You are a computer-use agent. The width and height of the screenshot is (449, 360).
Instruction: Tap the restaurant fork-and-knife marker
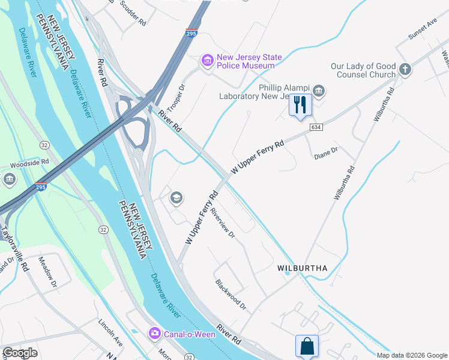tap(300, 106)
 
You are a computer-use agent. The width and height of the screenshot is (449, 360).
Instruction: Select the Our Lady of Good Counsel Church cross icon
tap(405, 70)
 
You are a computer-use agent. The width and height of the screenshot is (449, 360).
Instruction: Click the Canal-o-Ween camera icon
tap(155, 333)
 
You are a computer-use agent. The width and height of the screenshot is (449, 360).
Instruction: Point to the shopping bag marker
tap(307, 346)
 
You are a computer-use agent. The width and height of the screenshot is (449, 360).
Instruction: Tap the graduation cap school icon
tap(176, 197)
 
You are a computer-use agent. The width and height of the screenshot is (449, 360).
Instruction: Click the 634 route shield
tap(316, 128)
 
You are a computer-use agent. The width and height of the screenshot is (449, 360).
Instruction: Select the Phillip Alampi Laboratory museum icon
tap(319, 91)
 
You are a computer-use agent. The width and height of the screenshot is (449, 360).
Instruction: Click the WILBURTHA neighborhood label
tap(302, 268)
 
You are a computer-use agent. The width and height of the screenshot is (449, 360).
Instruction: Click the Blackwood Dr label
tap(231, 294)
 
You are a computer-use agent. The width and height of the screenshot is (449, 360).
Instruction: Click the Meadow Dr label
tap(47, 272)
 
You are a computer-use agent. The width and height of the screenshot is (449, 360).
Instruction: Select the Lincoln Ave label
tap(110, 333)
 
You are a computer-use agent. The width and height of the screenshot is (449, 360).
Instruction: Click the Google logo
tap(20, 353)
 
